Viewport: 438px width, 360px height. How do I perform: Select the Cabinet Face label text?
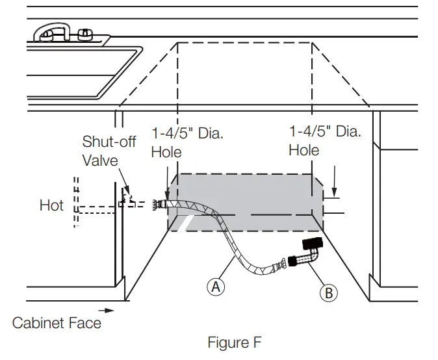57,322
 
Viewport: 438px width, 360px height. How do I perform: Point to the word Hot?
51,205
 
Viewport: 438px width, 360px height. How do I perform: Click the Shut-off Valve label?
109,151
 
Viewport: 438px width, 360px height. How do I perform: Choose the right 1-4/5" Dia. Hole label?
324,140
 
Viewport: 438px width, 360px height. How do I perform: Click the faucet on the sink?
63,32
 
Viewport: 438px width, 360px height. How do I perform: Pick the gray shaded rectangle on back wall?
247,192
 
